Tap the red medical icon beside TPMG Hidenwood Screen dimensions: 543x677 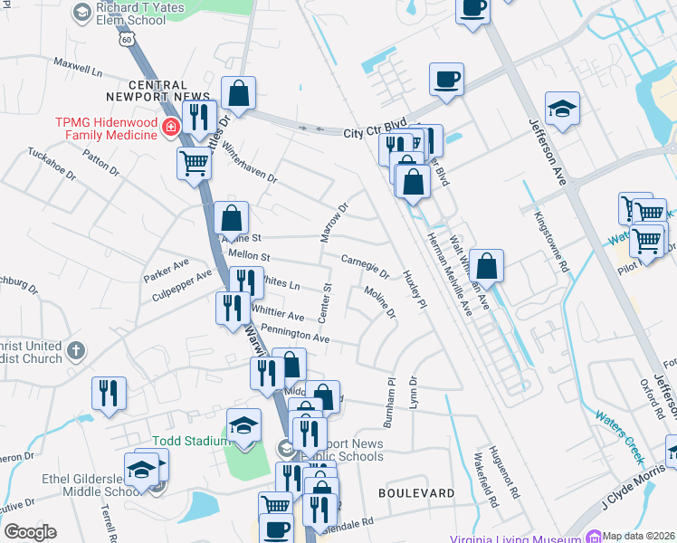tap(170, 128)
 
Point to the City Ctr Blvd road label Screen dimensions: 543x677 tap(375, 132)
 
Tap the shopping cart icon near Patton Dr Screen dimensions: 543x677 tap(194, 164)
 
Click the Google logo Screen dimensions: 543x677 tap(30, 532)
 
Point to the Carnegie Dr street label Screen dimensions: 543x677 tap(365, 266)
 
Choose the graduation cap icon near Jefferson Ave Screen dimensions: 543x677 tap(562, 109)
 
